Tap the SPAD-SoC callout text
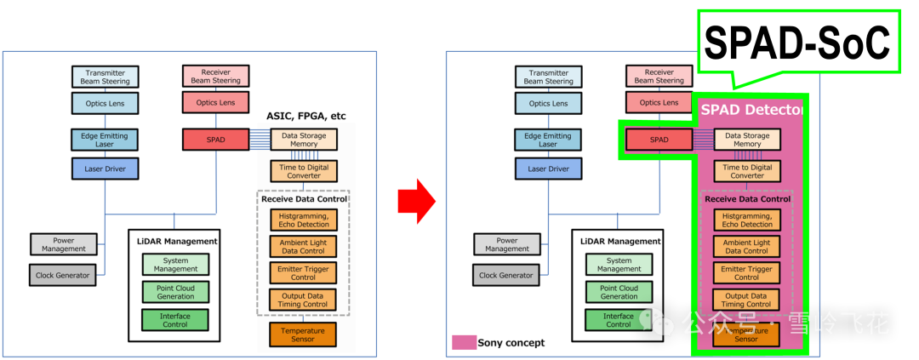click(797, 42)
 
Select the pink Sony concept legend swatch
click(464, 342)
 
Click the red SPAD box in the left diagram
click(215, 140)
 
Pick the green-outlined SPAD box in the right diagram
click(659, 140)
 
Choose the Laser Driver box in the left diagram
click(106, 169)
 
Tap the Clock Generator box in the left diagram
click(62, 276)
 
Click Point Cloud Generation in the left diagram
click(175, 293)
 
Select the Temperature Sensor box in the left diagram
click(303, 334)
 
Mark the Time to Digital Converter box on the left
click(304, 171)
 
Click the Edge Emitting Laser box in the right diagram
click(548, 140)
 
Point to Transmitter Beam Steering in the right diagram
click(548, 77)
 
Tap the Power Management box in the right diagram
click(507, 244)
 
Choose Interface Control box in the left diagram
click(175, 320)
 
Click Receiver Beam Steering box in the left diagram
click(215, 77)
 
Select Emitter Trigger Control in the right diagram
click(746, 272)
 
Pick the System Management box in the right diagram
click(619, 265)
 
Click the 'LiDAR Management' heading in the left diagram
click(174, 242)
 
